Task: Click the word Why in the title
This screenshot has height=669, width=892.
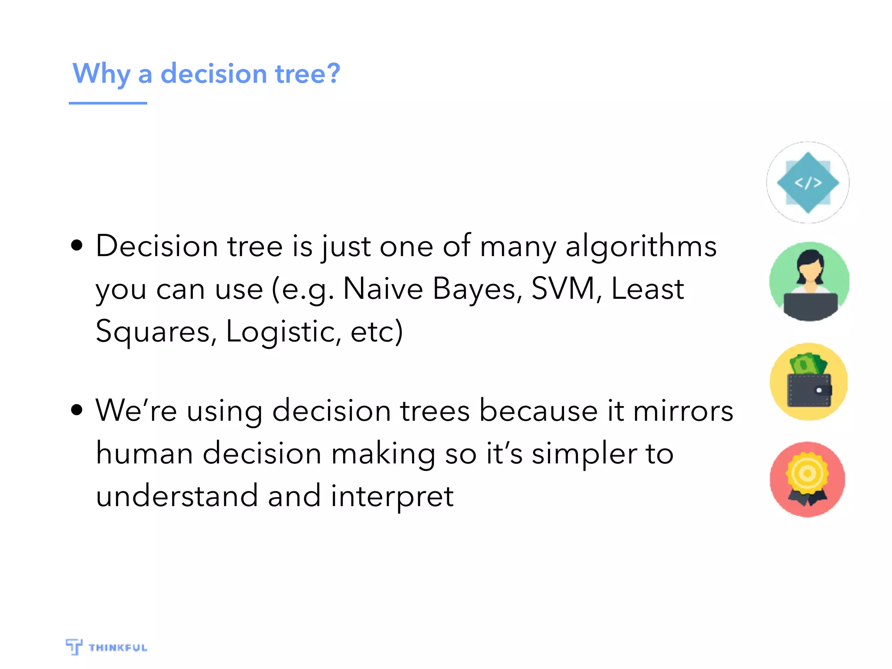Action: click(x=101, y=74)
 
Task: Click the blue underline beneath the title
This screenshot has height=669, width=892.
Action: click(x=108, y=103)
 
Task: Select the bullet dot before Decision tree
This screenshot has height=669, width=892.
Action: click(x=77, y=245)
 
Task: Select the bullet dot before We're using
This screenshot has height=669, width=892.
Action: click(x=77, y=409)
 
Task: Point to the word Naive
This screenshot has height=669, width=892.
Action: click(x=383, y=289)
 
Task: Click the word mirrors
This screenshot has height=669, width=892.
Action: click(x=683, y=411)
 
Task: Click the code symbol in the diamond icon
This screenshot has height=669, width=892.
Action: click(x=808, y=182)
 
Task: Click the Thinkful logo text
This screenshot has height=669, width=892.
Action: click(x=118, y=648)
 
